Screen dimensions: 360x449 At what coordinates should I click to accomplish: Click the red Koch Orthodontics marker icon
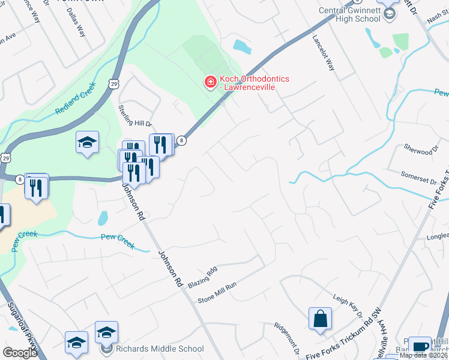click(210, 82)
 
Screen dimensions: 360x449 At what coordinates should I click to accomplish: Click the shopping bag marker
click(320, 318)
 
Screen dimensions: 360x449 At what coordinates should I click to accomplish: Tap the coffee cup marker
click(420, 346)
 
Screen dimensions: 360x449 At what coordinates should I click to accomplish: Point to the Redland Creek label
click(76, 100)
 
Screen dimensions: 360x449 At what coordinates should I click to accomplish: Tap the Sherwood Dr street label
click(418, 149)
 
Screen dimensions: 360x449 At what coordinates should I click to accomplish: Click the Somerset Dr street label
click(419, 176)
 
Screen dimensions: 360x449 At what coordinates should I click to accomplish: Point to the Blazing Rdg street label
click(202, 277)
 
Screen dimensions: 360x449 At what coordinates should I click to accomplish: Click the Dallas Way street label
click(76, 23)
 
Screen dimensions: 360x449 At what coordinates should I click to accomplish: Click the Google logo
click(20, 353)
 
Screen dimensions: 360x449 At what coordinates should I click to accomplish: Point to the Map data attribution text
click(424, 355)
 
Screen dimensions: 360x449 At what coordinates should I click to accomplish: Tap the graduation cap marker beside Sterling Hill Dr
click(88, 143)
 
